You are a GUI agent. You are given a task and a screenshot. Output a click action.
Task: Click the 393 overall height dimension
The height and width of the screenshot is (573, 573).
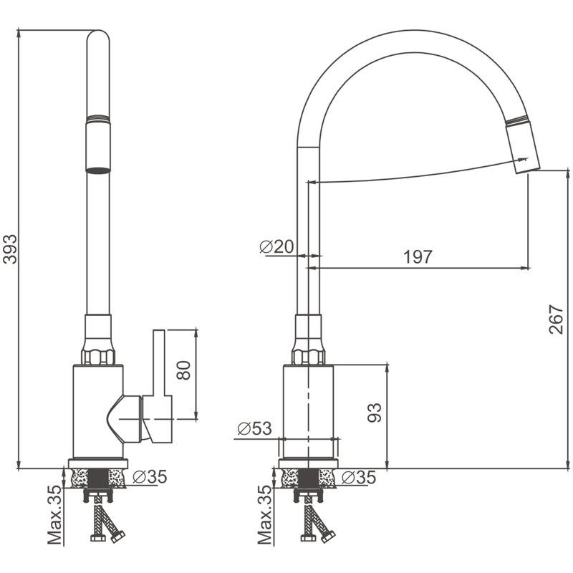pyautogui.click(x=9, y=249)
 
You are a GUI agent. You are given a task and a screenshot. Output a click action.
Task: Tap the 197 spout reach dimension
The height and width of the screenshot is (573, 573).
pyautogui.click(x=418, y=257)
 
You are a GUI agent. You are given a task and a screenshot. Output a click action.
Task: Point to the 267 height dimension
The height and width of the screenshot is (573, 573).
pyautogui.click(x=557, y=319)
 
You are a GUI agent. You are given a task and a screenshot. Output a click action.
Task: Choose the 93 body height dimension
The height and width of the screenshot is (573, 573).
pyautogui.click(x=374, y=412)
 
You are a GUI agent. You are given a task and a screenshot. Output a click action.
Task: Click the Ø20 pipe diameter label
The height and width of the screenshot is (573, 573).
pyautogui.click(x=276, y=247)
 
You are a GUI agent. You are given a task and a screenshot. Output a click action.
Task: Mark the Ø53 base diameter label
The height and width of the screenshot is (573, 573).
pyautogui.click(x=254, y=429)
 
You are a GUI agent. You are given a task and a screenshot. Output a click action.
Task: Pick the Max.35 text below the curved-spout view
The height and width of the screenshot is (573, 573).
pyautogui.click(x=264, y=514)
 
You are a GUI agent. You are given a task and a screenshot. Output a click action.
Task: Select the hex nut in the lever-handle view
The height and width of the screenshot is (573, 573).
pyautogui.click(x=98, y=356)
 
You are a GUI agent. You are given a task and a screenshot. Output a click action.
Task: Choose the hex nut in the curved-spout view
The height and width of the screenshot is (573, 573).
pyautogui.click(x=308, y=356)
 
